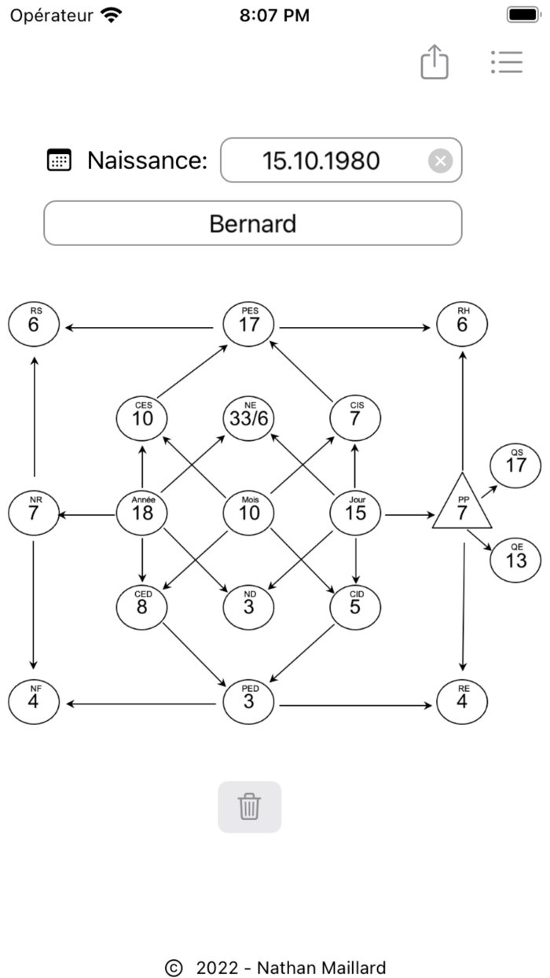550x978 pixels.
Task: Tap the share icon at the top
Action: click(x=434, y=61)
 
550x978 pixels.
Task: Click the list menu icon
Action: click(x=507, y=62)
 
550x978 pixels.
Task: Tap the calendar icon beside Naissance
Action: click(x=60, y=160)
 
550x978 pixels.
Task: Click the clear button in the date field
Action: click(x=440, y=161)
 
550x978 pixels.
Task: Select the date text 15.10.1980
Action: click(x=321, y=161)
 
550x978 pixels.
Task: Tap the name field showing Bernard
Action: click(x=252, y=224)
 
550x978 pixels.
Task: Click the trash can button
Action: click(x=249, y=807)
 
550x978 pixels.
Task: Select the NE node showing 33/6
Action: click(x=249, y=417)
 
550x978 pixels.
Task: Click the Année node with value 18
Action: click(x=142, y=513)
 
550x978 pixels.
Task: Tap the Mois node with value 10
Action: click(x=249, y=513)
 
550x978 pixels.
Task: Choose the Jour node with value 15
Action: click(x=356, y=513)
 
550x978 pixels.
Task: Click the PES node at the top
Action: click(x=249, y=323)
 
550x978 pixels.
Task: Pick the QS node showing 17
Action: click(x=516, y=464)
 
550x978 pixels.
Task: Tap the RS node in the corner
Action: click(x=34, y=323)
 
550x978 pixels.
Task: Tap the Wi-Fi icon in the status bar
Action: click(x=112, y=15)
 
